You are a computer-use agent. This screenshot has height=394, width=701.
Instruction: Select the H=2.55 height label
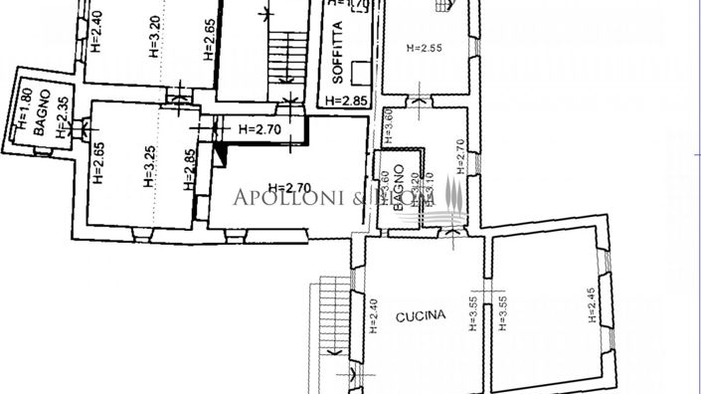point(425,47)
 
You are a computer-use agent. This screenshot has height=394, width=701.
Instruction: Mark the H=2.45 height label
point(593,303)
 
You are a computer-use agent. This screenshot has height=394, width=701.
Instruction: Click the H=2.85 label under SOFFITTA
point(347,100)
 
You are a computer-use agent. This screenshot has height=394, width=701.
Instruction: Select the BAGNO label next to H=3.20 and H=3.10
point(397,187)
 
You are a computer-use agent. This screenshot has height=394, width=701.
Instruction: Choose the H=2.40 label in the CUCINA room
point(374,316)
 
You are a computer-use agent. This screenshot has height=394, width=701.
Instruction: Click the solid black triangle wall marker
point(221,150)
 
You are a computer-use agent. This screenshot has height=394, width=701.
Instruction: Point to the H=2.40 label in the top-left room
point(96,31)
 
